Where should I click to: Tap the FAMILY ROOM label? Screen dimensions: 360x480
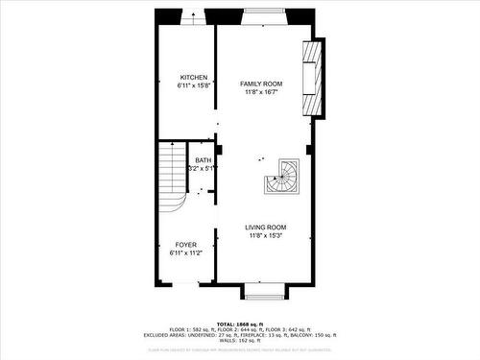point(261,84)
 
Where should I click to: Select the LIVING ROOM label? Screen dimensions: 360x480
point(265,228)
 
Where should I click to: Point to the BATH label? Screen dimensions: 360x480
point(204,160)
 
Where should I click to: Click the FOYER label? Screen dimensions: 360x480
point(185,245)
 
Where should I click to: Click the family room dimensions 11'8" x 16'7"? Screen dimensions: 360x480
point(261,93)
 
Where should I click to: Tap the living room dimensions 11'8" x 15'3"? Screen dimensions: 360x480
point(265,235)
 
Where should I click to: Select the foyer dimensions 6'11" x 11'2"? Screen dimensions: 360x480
point(185,253)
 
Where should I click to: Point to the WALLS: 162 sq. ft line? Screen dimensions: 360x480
point(240,340)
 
